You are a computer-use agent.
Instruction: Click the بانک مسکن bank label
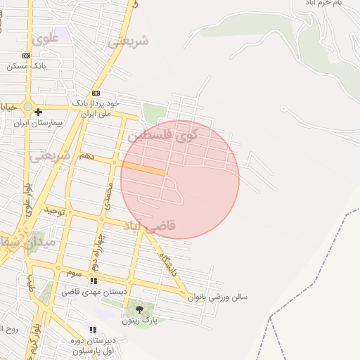click(26, 66)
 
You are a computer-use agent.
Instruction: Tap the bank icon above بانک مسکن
click(27, 56)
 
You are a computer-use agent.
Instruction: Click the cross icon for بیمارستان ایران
click(38, 111)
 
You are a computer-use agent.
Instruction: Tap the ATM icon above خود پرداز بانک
click(96, 93)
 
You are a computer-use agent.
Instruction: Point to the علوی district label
click(45, 40)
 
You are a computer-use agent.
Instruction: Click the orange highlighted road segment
click(144, 169)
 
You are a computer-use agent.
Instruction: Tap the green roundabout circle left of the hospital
click(27, 108)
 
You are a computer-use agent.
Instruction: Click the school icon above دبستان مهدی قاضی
click(94, 281)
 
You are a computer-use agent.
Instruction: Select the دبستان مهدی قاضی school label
click(94, 291)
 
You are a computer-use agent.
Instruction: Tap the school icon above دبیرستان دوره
click(93, 330)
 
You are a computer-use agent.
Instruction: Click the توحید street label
click(55, 210)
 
